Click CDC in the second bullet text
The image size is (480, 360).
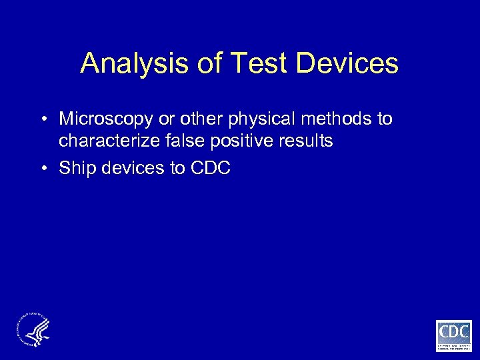tap(210, 168)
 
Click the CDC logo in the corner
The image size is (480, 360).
tap(453, 335)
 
